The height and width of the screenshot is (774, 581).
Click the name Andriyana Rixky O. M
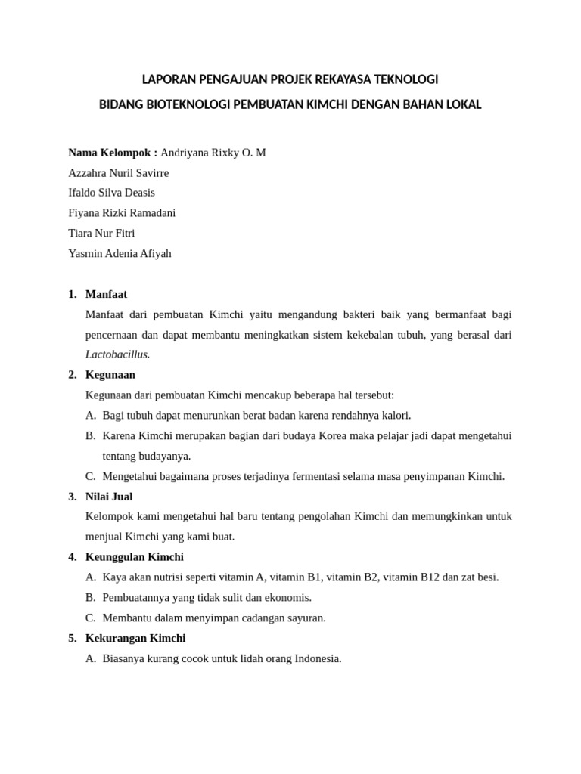click(213, 153)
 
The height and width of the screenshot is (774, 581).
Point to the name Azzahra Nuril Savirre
click(119, 173)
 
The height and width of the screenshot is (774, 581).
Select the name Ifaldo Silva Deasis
click(111, 193)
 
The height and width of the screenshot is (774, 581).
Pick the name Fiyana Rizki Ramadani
click(122, 213)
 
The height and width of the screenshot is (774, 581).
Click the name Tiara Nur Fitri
click(101, 234)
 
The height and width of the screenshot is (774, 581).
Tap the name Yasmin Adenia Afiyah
click(120, 253)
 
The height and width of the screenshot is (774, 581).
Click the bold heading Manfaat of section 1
click(107, 294)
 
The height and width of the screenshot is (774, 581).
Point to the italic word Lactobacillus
click(117, 354)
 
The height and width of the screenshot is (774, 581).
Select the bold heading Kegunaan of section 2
click(110, 375)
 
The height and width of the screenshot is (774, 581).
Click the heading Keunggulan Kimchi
click(135, 557)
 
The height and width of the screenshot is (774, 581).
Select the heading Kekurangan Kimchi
click(135, 639)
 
